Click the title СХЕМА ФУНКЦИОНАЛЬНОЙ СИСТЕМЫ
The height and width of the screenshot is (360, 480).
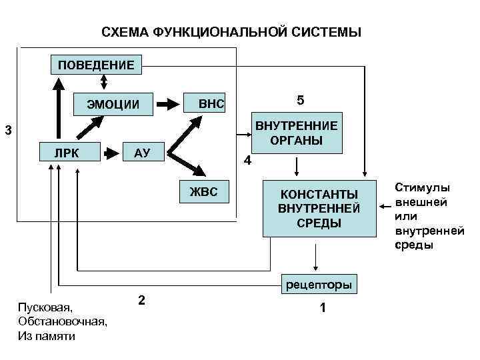point(231,32)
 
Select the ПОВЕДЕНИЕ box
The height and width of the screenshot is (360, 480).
point(96,65)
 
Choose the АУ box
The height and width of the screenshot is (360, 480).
point(141,153)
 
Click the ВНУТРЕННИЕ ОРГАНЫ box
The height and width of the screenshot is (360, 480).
point(296,133)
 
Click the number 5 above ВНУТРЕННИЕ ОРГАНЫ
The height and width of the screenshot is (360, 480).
point(300,100)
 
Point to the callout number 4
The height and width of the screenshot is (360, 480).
point(247,161)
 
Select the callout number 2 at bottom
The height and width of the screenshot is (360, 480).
point(141,299)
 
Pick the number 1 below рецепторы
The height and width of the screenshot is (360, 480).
point(322,308)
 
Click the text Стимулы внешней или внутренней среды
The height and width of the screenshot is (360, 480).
point(429,216)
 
